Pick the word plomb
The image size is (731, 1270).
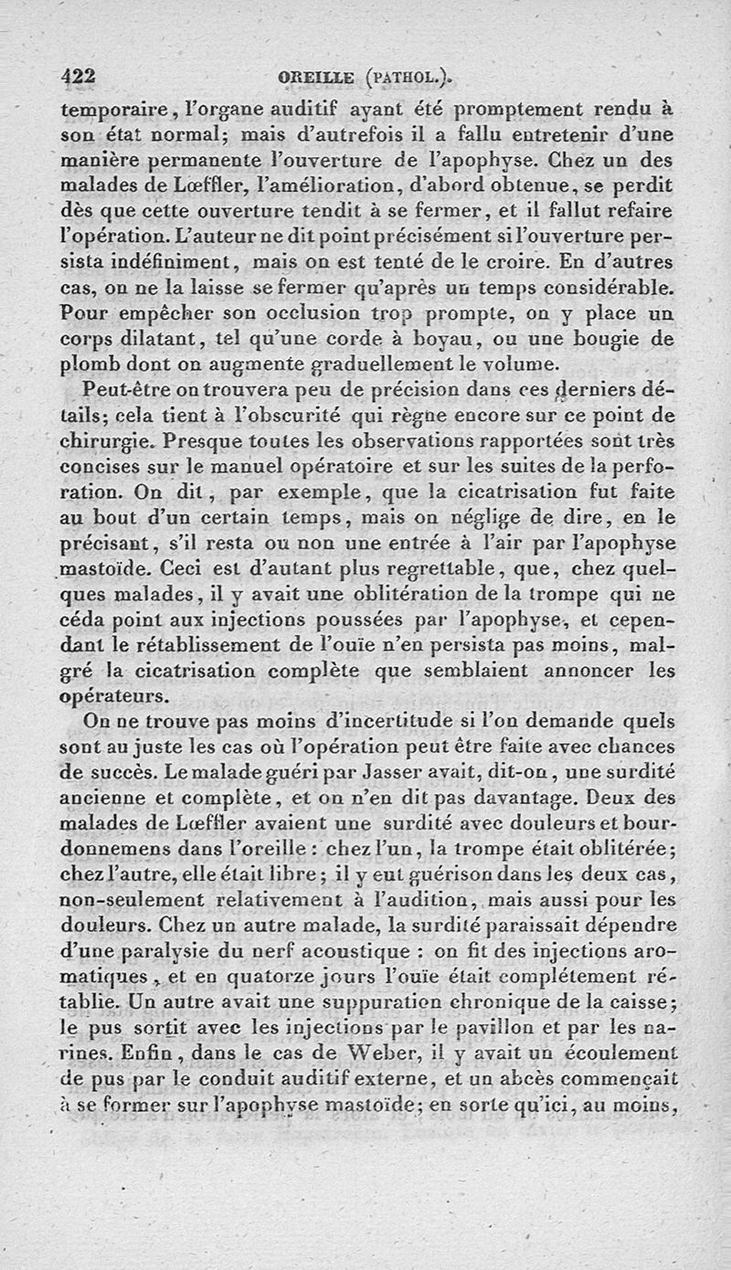click(x=87, y=365)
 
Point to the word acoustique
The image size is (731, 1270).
click(x=349, y=951)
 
